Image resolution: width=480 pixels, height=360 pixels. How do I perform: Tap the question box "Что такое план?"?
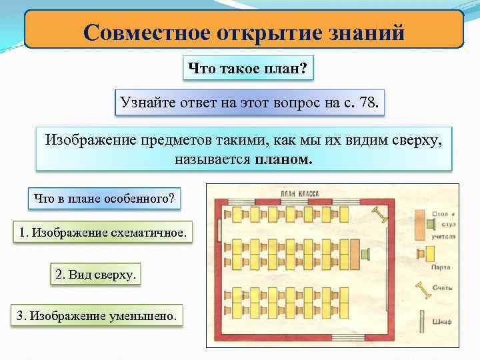point(247,68)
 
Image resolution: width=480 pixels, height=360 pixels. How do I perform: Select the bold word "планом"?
point(283,160)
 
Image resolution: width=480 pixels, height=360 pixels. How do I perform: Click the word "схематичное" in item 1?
point(147,233)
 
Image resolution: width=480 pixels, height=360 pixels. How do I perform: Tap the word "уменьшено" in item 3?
point(146,316)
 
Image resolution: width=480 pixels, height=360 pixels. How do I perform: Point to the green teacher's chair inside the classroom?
point(366,253)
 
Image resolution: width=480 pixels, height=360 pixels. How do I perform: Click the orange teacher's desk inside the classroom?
point(353,253)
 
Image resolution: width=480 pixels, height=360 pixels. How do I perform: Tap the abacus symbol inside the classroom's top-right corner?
point(380,215)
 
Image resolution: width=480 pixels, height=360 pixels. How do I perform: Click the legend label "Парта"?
point(440,267)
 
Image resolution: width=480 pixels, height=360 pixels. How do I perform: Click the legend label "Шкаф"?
point(441,322)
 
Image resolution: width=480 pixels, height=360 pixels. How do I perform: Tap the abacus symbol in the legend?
point(421,291)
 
